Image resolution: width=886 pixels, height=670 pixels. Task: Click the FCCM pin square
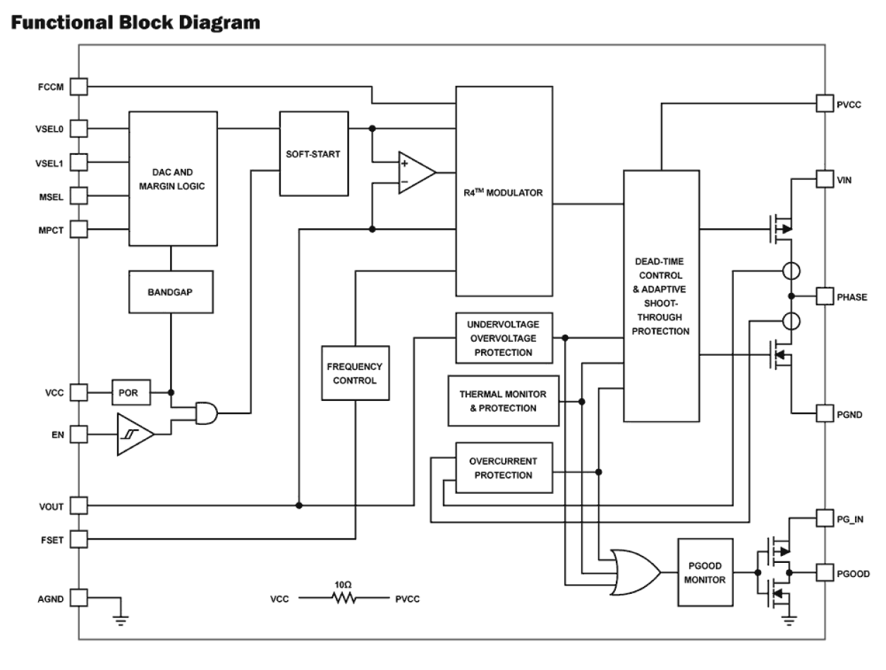[x=78, y=87]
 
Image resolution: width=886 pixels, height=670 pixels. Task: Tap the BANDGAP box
[x=170, y=292]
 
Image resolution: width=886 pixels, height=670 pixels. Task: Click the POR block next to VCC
[x=131, y=392]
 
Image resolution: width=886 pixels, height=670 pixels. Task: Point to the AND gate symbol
[x=205, y=413]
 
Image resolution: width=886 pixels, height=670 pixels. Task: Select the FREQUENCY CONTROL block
[x=355, y=373]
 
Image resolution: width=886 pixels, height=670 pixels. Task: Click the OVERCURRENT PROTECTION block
[x=503, y=468]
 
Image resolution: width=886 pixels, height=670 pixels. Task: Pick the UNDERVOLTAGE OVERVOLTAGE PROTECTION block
[x=503, y=337]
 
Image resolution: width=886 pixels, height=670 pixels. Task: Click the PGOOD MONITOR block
[x=706, y=571]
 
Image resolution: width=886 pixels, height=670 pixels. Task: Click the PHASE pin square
[x=825, y=296]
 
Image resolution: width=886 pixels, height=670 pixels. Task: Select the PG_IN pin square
[x=825, y=519]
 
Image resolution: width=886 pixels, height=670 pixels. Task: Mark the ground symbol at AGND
[x=121, y=620]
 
